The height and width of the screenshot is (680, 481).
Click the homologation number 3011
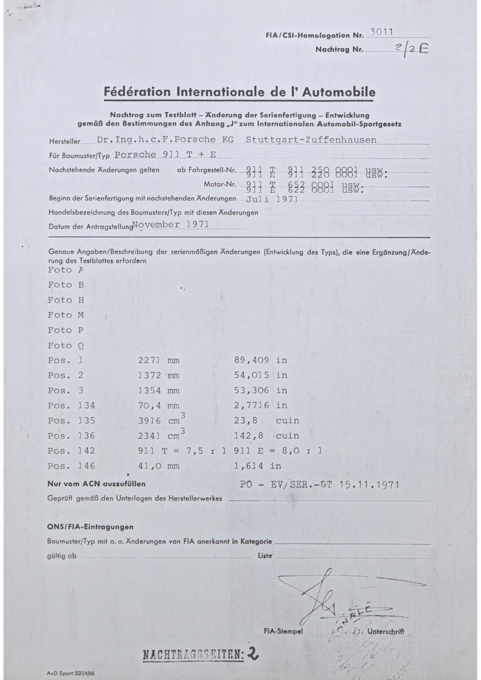382,32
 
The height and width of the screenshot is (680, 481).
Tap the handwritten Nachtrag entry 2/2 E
411,49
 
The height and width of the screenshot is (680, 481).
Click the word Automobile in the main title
338,92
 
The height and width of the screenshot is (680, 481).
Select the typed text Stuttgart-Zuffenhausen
311,140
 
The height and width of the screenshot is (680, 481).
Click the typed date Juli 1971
272,199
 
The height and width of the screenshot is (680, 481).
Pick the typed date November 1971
171,224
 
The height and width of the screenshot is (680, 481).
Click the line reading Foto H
66,300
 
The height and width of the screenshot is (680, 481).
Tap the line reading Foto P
66,330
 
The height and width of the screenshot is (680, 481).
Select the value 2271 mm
159,360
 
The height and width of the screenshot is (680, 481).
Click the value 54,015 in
260,375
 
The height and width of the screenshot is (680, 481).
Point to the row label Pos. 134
71,406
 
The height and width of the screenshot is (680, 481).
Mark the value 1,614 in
257,466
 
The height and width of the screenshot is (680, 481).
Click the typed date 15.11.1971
369,485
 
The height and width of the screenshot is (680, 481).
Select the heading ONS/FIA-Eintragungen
90,527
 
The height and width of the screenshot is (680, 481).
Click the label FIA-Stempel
283,632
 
